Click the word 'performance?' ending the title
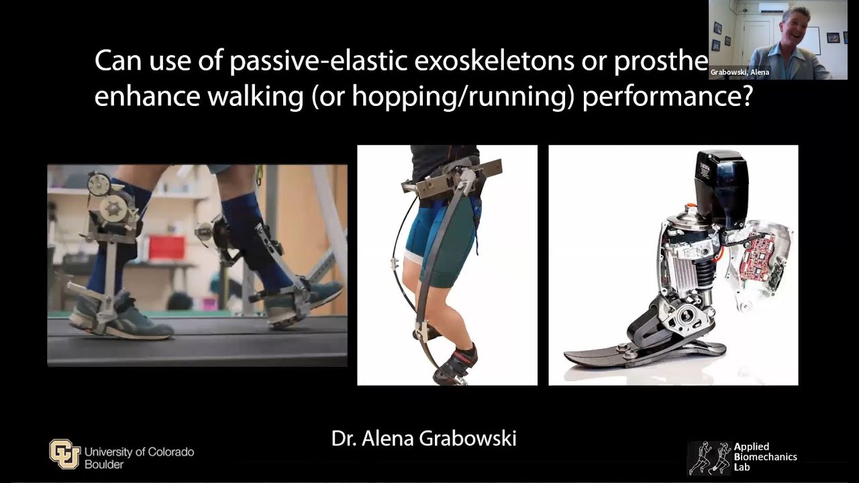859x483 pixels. (x=667, y=98)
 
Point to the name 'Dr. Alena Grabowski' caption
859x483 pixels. (x=423, y=439)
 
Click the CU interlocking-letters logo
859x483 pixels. (x=64, y=453)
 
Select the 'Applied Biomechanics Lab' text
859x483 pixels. (x=765, y=457)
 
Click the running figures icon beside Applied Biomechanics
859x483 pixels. (x=709, y=458)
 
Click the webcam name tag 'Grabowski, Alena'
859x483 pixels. (x=740, y=72)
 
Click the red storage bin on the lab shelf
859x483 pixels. (x=166, y=247)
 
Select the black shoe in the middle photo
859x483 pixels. (x=456, y=366)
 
